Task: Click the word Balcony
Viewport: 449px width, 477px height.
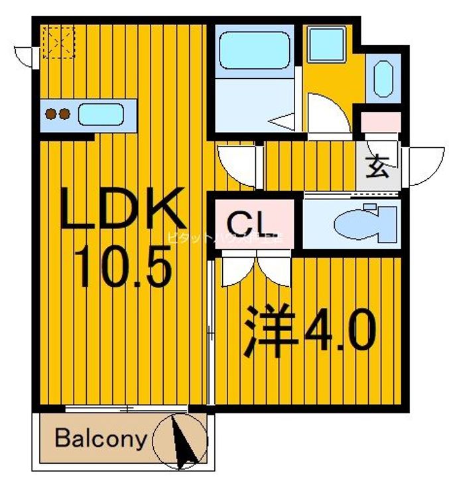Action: point(100,439)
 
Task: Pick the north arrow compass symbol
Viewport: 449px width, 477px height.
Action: point(180,439)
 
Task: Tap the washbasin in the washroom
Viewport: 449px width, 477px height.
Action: point(383,78)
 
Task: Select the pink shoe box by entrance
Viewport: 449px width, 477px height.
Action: point(380,123)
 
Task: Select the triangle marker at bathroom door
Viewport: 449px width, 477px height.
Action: point(282,122)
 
